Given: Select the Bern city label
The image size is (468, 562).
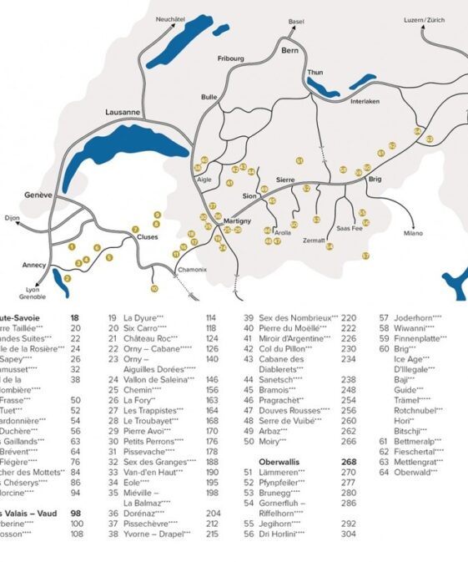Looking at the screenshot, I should (x=289, y=52).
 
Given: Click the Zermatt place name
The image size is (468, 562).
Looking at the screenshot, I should (x=314, y=240).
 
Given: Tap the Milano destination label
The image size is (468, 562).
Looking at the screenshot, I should (x=415, y=233).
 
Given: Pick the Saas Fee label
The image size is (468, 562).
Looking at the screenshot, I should (x=349, y=227).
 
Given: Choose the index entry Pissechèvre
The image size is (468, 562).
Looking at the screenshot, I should (x=154, y=523).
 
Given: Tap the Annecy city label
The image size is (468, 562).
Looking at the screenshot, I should (x=34, y=265).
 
